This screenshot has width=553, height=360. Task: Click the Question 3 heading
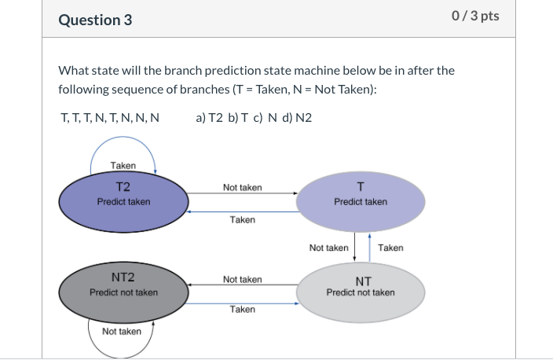click(x=95, y=20)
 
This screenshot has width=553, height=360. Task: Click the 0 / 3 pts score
click(x=476, y=17)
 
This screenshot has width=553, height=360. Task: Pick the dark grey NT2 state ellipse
click(x=123, y=292)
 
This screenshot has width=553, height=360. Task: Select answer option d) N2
click(x=297, y=118)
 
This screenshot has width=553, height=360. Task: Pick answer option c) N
click(x=267, y=118)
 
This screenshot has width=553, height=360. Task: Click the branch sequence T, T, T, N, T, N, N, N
click(x=110, y=118)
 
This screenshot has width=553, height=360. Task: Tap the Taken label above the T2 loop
click(x=123, y=165)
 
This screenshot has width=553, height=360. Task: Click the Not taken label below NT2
click(x=122, y=332)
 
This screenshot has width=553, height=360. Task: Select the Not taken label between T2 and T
click(x=242, y=188)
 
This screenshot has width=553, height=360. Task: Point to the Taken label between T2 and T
click(x=242, y=220)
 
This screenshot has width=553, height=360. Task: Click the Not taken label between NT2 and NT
click(x=242, y=279)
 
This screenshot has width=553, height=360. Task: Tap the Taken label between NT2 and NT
click(x=242, y=310)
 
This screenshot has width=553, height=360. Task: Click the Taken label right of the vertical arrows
click(x=390, y=248)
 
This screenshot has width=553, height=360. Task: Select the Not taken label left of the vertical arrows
click(x=328, y=248)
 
